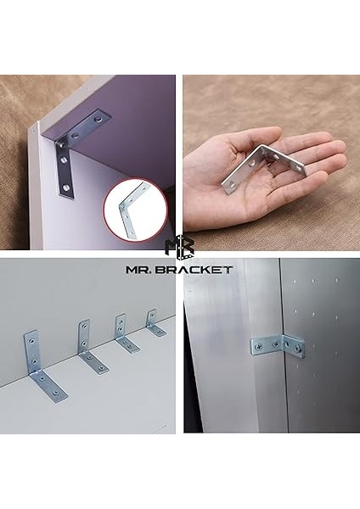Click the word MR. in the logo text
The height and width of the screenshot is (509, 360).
[143, 269]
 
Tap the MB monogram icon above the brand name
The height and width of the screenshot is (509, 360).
[179, 246]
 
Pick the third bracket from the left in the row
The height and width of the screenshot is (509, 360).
[124, 336]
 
